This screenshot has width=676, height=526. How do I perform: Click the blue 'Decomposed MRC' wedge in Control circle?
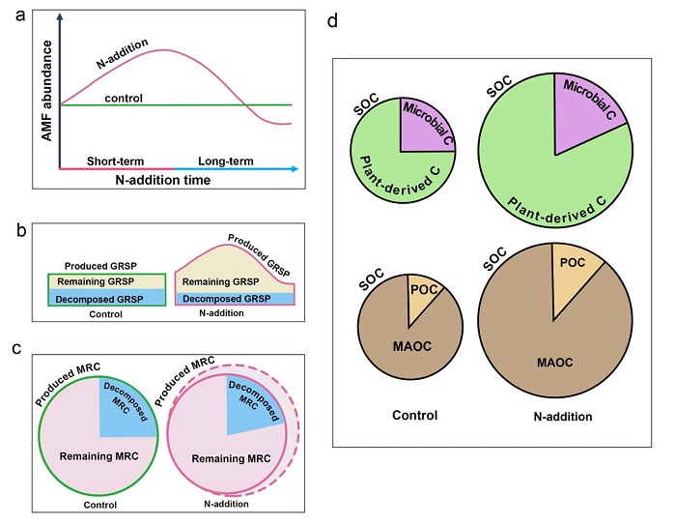[123, 398]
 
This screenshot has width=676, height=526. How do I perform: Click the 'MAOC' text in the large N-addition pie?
[554, 362]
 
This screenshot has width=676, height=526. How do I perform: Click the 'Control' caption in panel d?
[414, 416]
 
